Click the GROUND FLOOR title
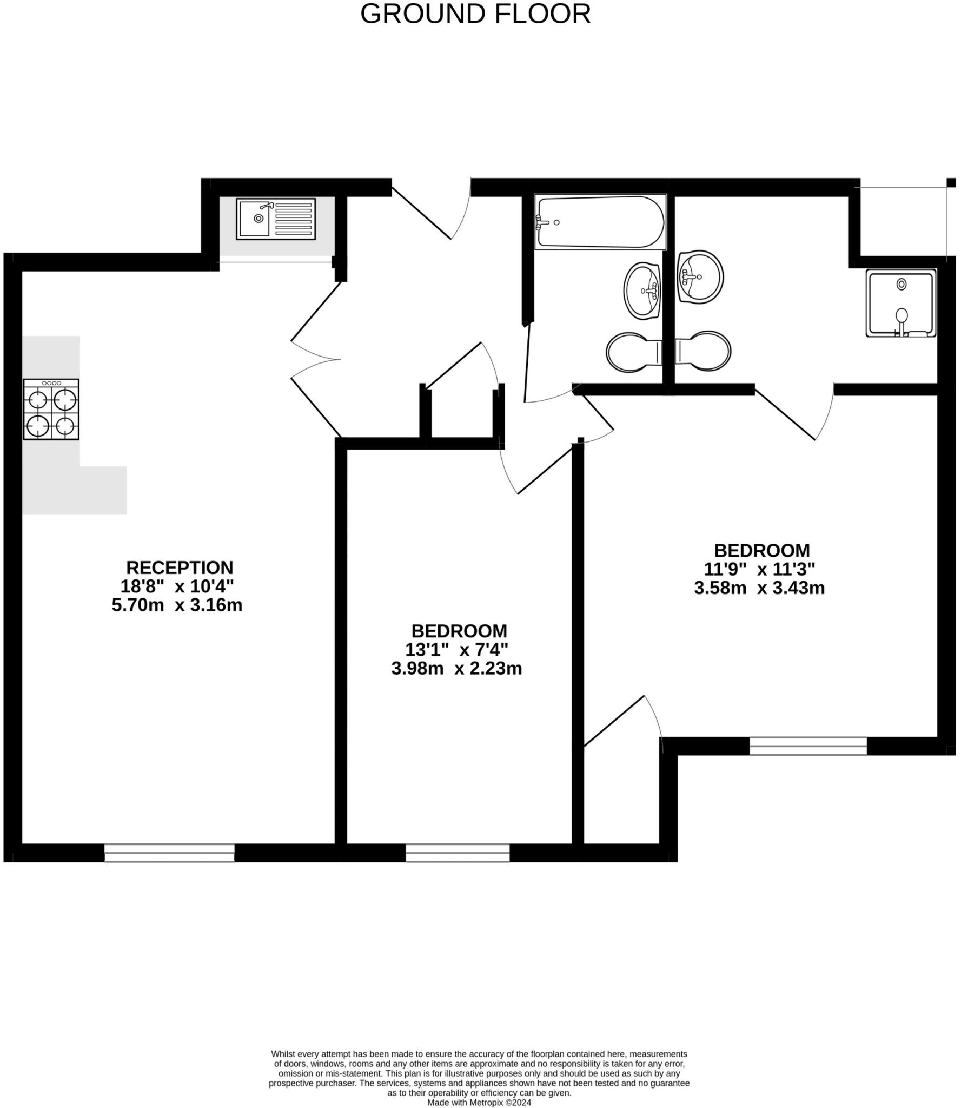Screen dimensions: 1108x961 pos(475,14)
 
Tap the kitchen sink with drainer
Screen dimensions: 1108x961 pos(276,219)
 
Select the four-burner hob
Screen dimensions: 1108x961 pos(51,408)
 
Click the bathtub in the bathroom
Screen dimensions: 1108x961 pos(600,222)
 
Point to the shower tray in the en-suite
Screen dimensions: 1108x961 pos(900,302)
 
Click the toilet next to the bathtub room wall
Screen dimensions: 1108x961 pos(633,352)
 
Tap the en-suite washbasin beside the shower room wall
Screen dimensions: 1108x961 pos(700,276)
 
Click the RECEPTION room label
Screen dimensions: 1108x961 pos(180,568)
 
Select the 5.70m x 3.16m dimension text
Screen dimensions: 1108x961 pos(177,605)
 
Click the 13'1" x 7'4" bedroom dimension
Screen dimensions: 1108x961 pos(456,649)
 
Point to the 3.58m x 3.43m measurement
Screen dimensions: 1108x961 pos(759,588)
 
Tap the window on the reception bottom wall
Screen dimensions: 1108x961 pos(169,853)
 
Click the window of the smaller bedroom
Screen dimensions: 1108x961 pos(458,853)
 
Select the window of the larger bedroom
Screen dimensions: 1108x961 pos(808,746)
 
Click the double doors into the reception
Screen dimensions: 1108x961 pos(316,360)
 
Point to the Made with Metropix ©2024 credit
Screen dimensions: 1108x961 pos(479,1102)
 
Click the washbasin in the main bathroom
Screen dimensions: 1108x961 pos(642,289)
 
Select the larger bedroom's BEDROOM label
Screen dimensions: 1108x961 pos(762,550)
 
